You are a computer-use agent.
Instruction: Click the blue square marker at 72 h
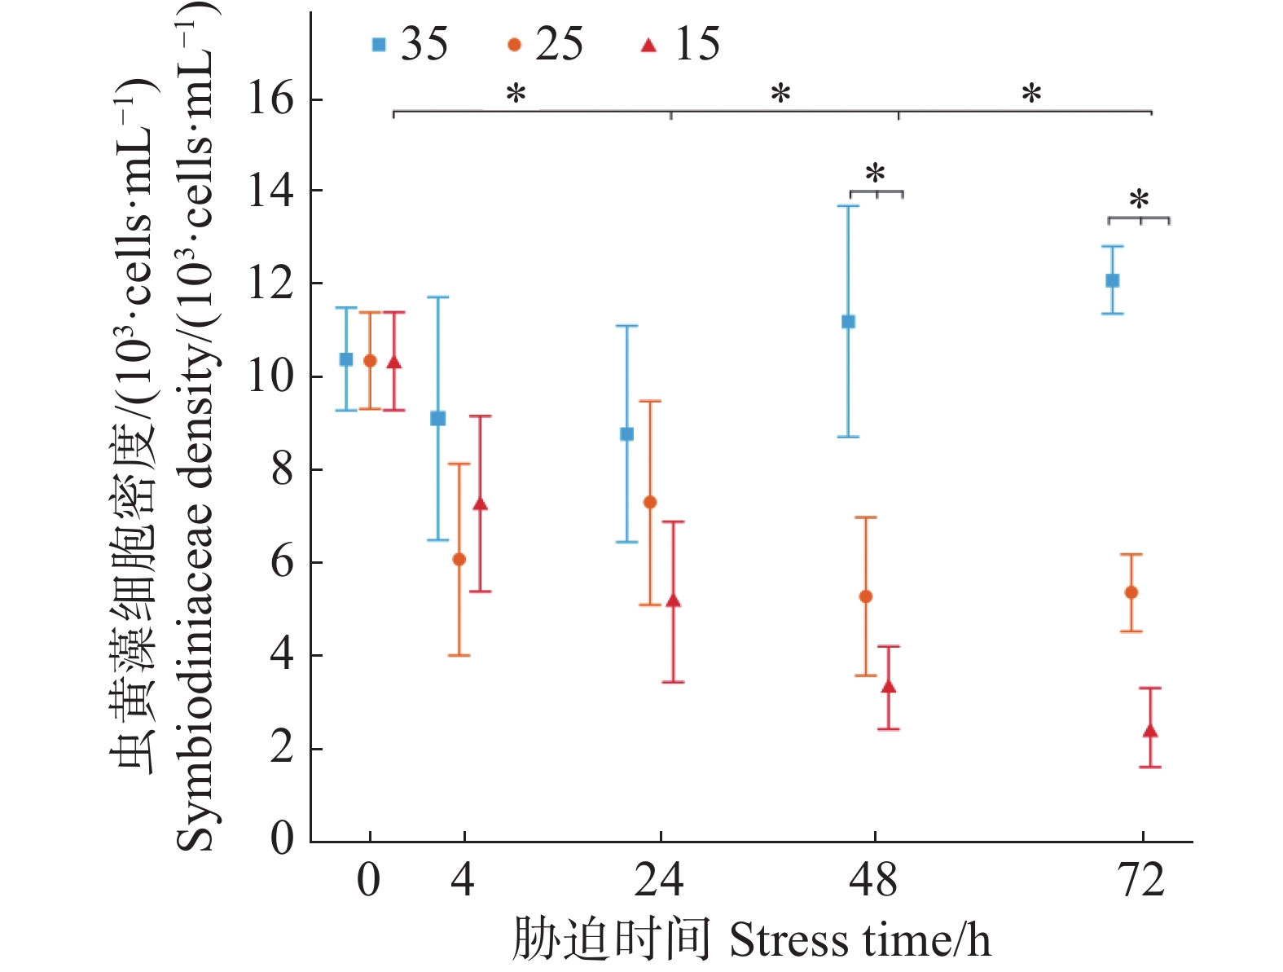click(1112, 280)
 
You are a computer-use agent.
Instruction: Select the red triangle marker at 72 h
click(1150, 731)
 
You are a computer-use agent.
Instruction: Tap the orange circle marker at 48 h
click(866, 596)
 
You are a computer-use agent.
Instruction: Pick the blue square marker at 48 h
click(848, 322)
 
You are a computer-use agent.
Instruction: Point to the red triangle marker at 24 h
click(673, 601)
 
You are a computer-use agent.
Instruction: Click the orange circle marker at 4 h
click(459, 559)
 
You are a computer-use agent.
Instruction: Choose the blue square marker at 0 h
click(346, 359)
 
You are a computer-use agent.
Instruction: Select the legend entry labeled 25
click(545, 44)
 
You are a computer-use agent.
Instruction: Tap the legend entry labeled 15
click(681, 44)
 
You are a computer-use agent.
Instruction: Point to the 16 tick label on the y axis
click(270, 99)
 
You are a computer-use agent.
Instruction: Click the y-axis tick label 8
click(282, 469)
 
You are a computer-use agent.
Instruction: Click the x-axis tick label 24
click(659, 882)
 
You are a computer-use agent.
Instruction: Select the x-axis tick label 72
click(1142, 882)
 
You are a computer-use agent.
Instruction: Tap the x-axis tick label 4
click(463, 882)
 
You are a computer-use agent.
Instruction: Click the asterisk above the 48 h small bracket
click(875, 174)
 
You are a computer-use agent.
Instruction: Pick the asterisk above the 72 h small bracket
click(1139, 200)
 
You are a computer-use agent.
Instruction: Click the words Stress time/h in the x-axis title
click(859, 940)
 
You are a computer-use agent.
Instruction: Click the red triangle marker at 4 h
click(481, 504)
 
